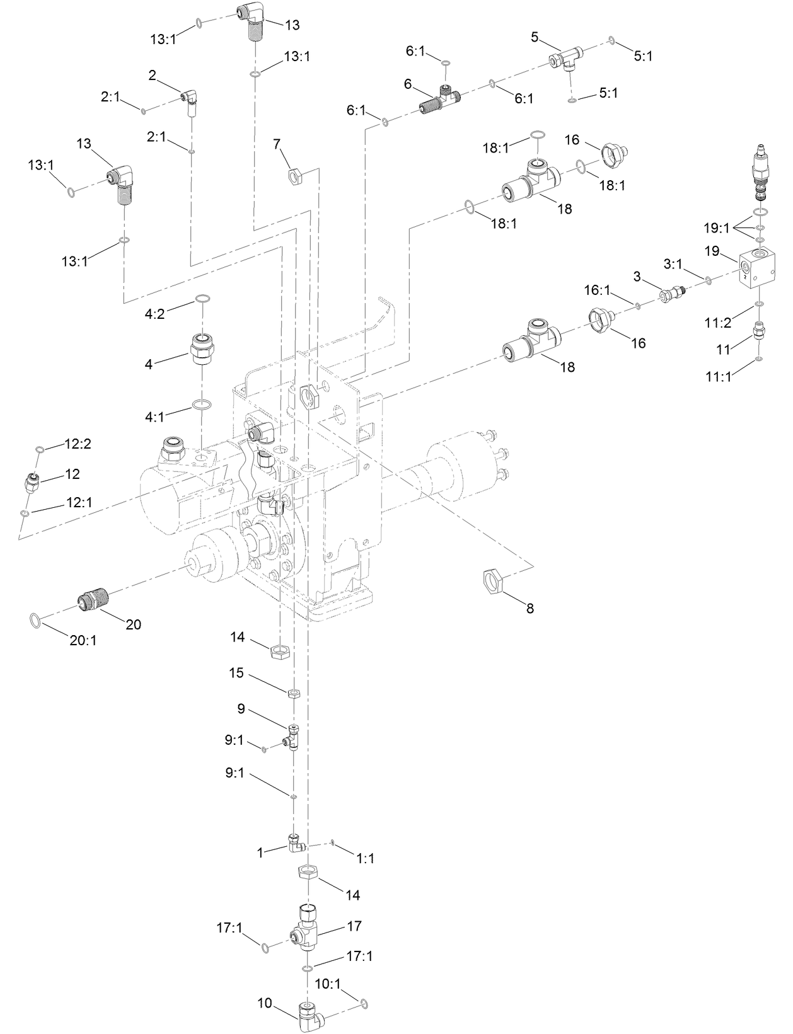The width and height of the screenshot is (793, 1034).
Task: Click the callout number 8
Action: [530, 609]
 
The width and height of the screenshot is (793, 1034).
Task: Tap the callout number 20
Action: [133, 624]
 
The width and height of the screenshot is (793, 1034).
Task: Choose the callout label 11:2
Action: [718, 322]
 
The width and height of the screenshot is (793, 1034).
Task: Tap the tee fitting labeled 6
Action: [442, 101]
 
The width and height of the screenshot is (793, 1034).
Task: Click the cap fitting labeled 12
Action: [32, 484]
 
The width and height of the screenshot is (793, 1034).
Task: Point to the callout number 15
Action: [236, 673]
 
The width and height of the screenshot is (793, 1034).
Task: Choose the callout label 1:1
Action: [365, 858]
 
